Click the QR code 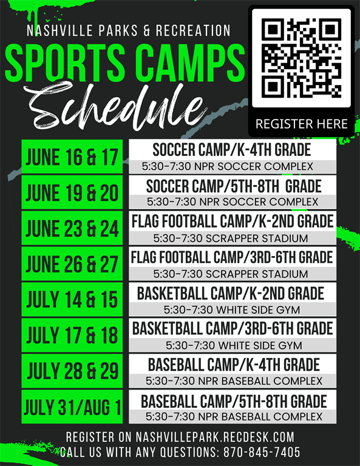click(302, 58)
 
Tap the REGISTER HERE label click(302, 124)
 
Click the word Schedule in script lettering click(116, 106)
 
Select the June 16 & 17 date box click(72, 157)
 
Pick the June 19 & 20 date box click(72, 192)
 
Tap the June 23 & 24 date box click(72, 228)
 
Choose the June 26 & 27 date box click(72, 263)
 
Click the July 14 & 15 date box click(72, 299)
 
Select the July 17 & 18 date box click(72, 335)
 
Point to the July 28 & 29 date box click(72, 371)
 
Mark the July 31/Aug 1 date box click(72, 407)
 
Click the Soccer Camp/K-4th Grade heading click(232, 149)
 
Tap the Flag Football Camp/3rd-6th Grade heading click(232, 257)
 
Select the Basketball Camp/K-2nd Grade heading click(231, 293)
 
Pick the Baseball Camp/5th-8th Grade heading click(234, 401)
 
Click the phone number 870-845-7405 click(262, 452)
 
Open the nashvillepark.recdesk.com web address click(215, 437)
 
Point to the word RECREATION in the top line click(193, 30)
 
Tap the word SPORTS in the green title click(65, 62)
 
